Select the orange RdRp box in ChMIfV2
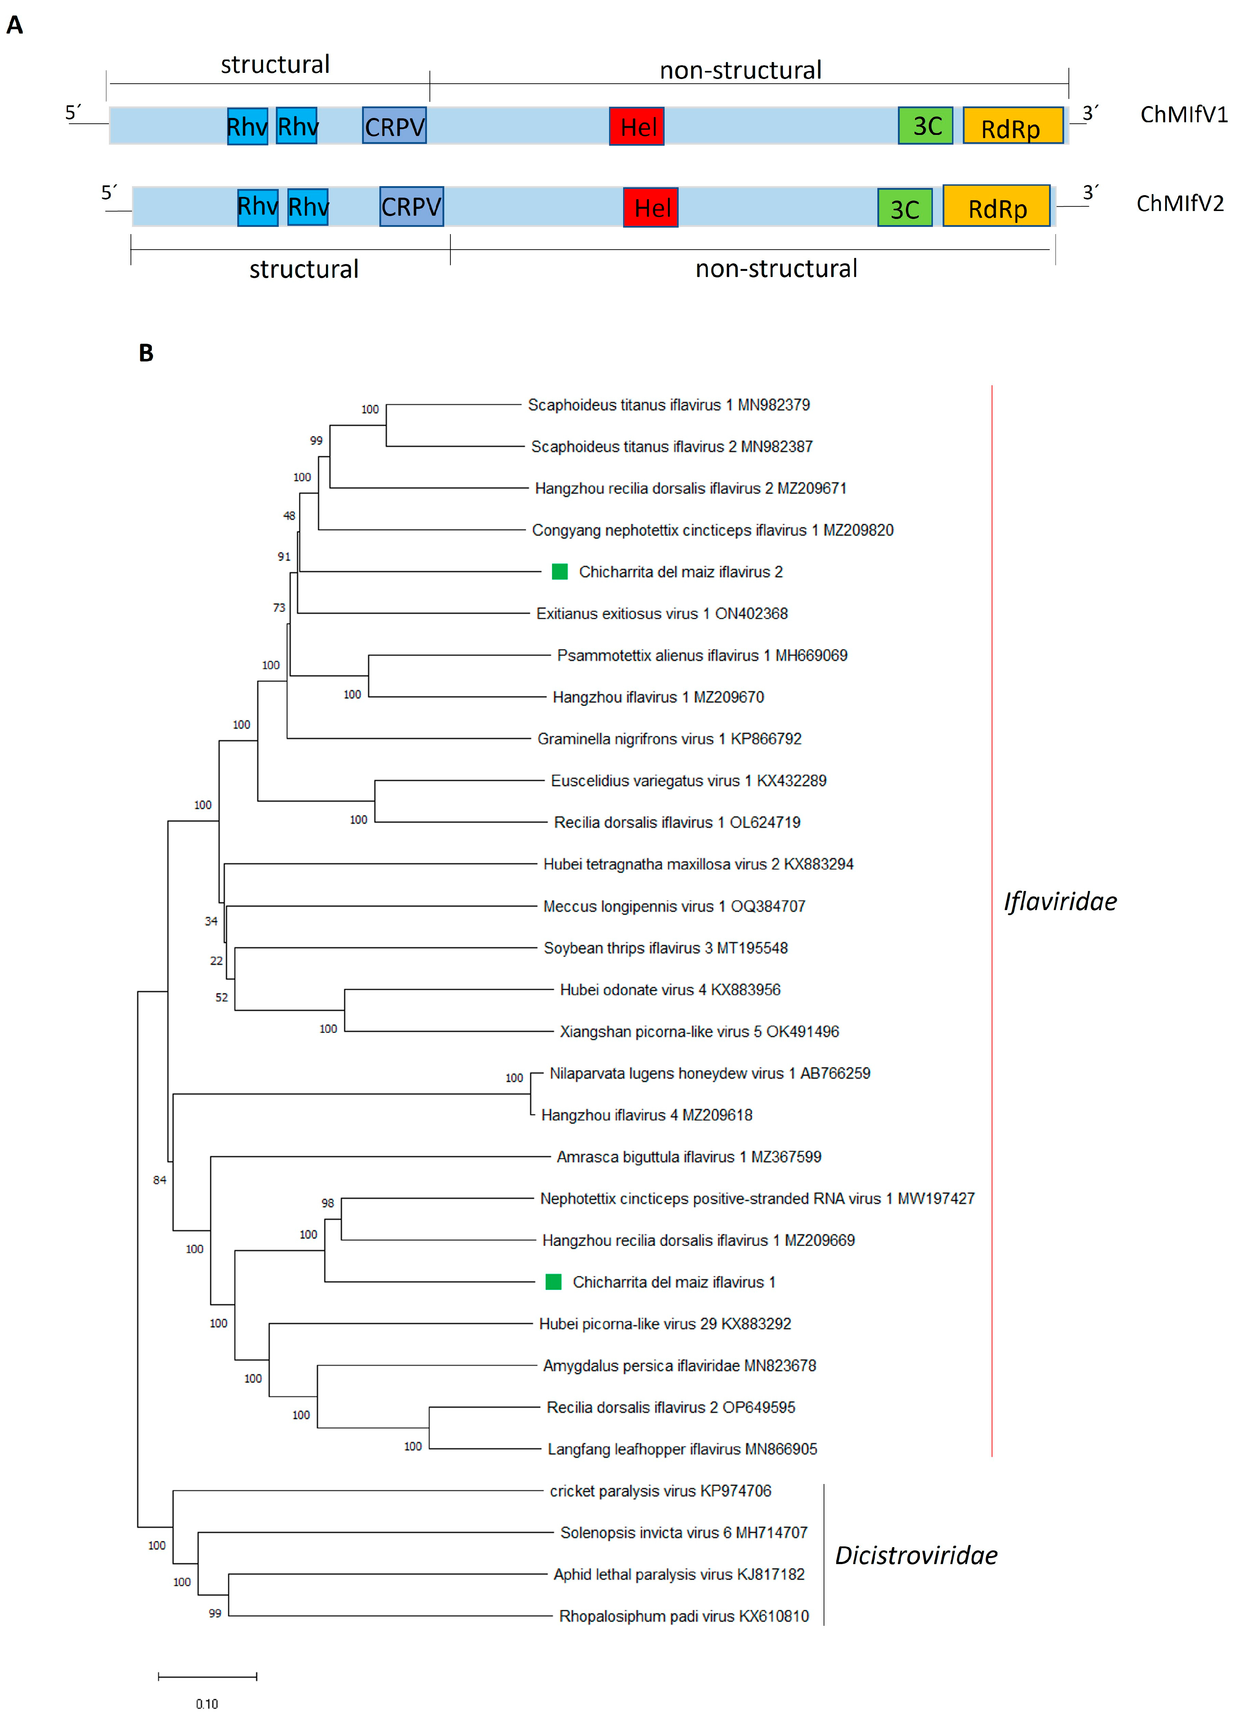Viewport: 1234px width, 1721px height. tap(997, 206)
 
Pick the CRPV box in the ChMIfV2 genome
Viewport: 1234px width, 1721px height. tap(411, 206)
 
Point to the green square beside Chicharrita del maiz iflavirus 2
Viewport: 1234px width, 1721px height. tap(560, 571)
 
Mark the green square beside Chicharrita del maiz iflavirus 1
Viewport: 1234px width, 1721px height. tap(554, 1282)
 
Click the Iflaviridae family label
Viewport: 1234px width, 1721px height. tap(1059, 901)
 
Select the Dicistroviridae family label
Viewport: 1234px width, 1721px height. tap(916, 1555)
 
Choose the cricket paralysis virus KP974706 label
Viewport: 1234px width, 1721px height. tap(660, 1490)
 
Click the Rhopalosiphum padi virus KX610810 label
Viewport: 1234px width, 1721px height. tap(683, 1616)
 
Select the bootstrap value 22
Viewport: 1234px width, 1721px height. tap(216, 961)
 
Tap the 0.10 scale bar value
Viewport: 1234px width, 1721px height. tap(207, 1704)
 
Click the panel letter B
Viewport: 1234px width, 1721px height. tap(146, 353)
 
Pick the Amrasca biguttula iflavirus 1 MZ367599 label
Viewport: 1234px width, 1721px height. tap(689, 1156)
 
